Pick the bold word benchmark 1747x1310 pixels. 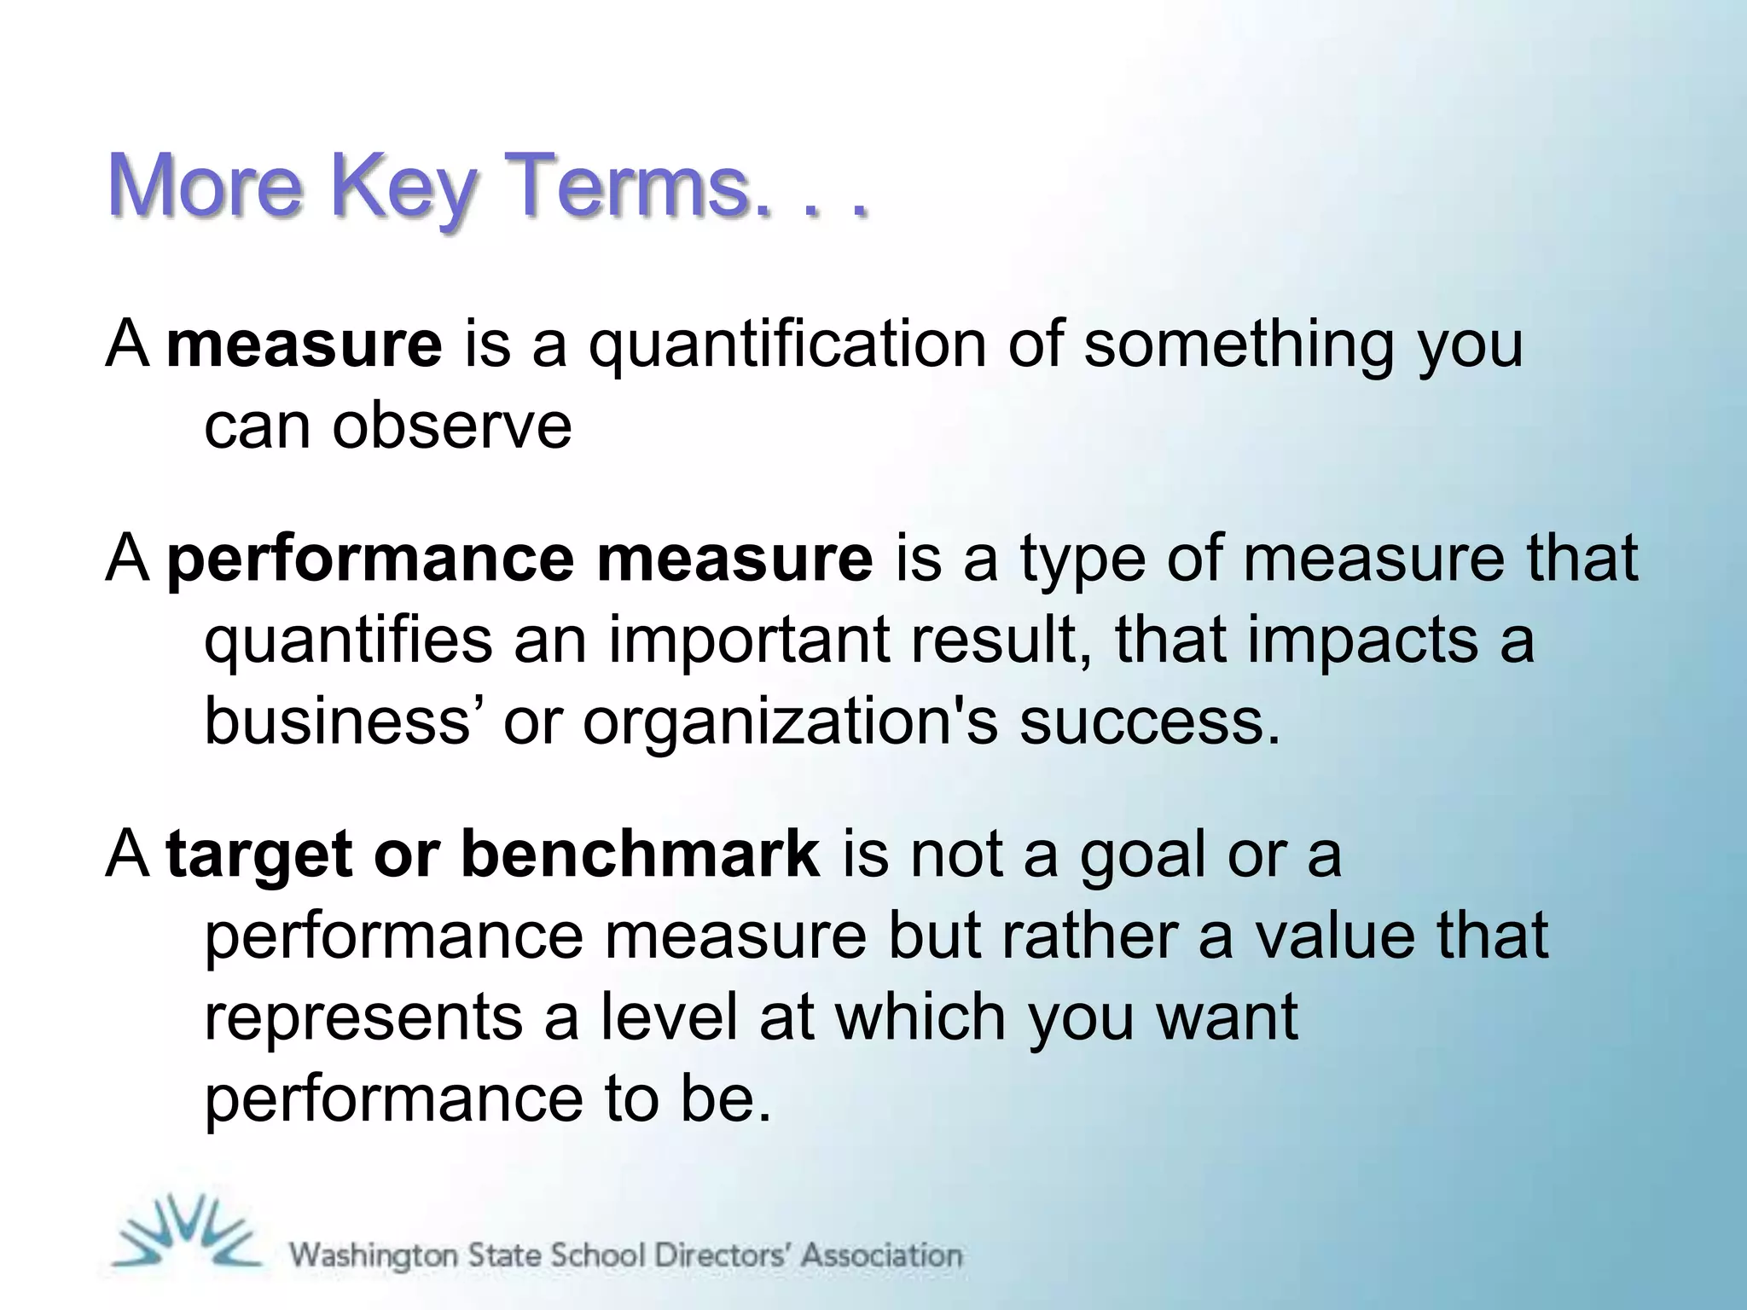coord(640,855)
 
